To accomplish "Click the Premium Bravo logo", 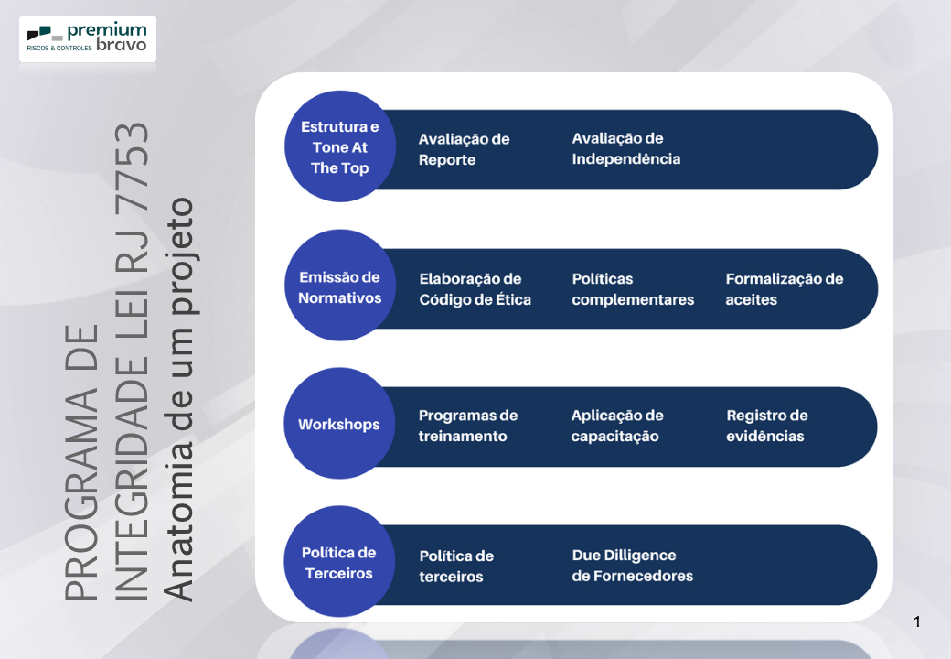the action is pos(88,38).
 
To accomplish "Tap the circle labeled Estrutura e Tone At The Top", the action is pos(339,147).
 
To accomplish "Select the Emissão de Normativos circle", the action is pos(339,286).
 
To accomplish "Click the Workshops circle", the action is pos(339,425).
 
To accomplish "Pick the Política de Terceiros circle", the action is pos(339,563).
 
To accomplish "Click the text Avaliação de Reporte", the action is pos(464,149).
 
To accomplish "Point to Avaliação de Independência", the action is pos(626,148).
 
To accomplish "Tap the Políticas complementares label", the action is pos(633,289).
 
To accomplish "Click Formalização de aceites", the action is pos(784,289).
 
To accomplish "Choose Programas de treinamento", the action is pos(468,426).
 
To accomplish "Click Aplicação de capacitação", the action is pos(617,426).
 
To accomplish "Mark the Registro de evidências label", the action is pos(766,426).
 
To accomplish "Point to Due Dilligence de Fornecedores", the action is pos(632,566).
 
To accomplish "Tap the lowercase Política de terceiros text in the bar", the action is pos(456,567).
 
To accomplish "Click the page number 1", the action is pos(917,622).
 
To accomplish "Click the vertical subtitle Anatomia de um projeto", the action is pos(182,399).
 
